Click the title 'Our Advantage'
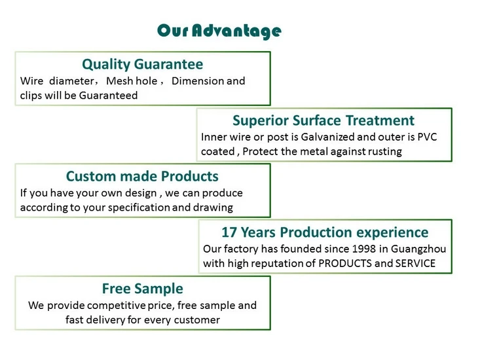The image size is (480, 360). tap(219, 31)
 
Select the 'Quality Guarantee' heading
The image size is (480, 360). tap(142, 64)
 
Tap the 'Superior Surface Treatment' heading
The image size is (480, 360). tap(323, 120)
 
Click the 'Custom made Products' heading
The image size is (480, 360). tap(142, 176)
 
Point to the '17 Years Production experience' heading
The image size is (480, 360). tap(325, 232)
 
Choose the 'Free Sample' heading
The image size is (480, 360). tap(142, 289)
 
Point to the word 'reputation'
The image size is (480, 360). tap(279, 264)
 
